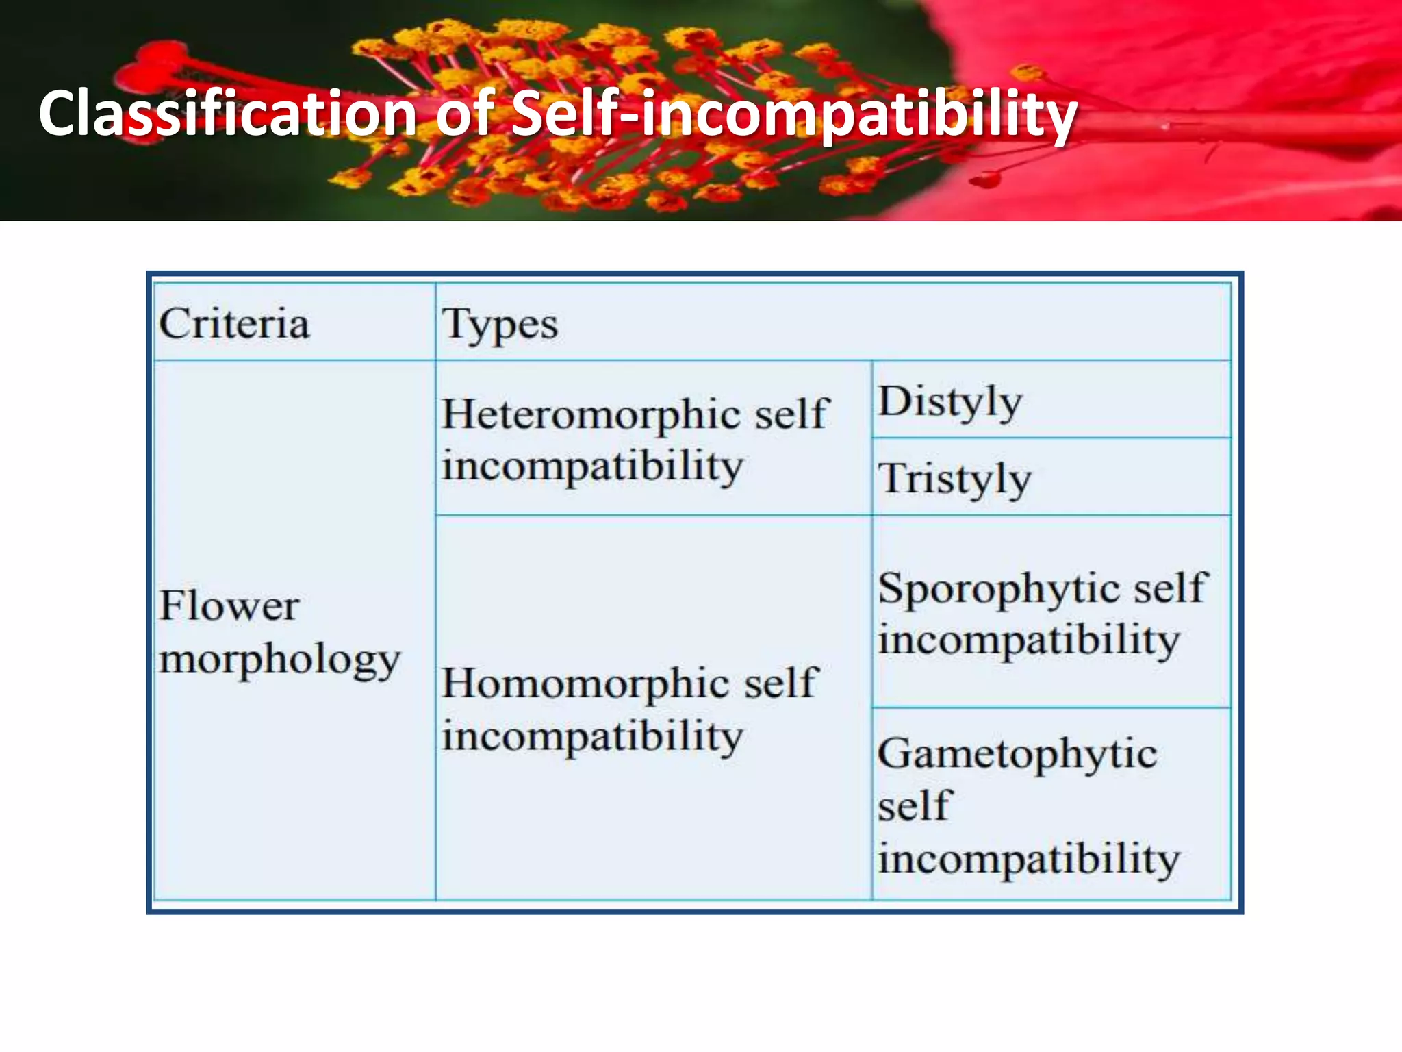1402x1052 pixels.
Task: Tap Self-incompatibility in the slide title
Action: pyautogui.click(x=794, y=114)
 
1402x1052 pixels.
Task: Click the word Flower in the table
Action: pyautogui.click(x=229, y=606)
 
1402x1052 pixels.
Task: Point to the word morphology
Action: pyautogui.click(x=279, y=660)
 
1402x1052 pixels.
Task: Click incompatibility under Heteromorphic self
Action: pyautogui.click(x=592, y=467)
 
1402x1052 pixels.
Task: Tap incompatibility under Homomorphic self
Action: pyautogui.click(x=592, y=737)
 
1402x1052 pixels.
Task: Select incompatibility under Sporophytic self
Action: pyautogui.click(x=1029, y=641)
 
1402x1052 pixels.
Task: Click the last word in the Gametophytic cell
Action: pyautogui.click(x=1029, y=859)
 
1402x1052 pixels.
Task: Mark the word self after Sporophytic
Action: pyautogui.click(x=1171, y=588)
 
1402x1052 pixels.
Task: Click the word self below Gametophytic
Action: pyautogui.click(x=915, y=806)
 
